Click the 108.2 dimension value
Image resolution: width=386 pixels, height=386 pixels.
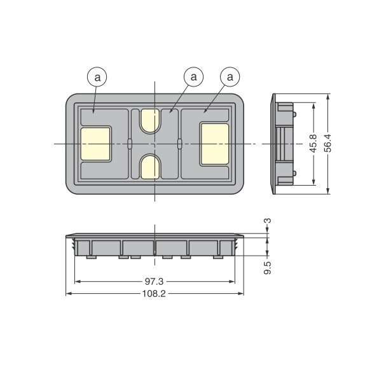[154, 293]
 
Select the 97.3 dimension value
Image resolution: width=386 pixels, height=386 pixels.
[154, 281]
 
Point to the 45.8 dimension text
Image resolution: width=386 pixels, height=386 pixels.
[314, 144]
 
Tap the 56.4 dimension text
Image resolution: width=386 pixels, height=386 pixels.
[328, 143]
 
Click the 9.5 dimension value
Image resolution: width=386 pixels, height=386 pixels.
[268, 268]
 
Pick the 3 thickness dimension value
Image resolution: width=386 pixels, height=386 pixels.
[268, 221]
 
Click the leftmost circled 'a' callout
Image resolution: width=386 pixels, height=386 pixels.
[97, 78]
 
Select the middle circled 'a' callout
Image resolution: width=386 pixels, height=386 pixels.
[194, 77]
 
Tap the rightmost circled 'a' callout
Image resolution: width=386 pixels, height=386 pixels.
[230, 77]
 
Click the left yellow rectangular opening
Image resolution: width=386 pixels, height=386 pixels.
[95, 144]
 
